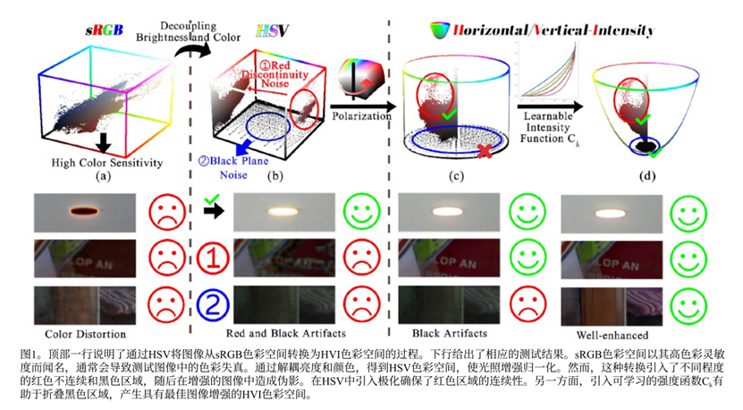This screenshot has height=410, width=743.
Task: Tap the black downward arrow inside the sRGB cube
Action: [105, 142]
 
